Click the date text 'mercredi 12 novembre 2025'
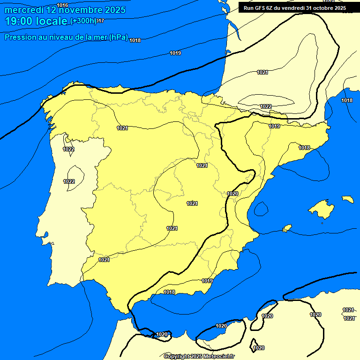pyautogui.click(x=65, y=10)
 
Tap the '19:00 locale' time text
pyautogui.click(x=36, y=21)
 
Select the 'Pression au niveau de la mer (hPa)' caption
pyautogui.click(x=66, y=37)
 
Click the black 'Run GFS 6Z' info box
pyautogui.click(x=295, y=8)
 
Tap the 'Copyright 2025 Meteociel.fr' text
pyautogui.click(x=199, y=357)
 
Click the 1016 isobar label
pyautogui.click(x=62, y=5)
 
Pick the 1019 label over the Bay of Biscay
pyautogui.click(x=175, y=53)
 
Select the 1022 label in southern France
pyautogui.click(x=266, y=106)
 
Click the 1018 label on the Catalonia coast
pyautogui.click(x=304, y=148)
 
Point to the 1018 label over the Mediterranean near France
pyautogui.click(x=347, y=100)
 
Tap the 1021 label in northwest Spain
pyautogui.click(x=122, y=128)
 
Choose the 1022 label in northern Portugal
pyautogui.click(x=68, y=149)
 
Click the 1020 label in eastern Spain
pyautogui.click(x=232, y=194)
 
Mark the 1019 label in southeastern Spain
pyautogui.click(x=207, y=281)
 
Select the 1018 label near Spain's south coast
pyautogui.click(x=169, y=292)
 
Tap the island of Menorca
pyautogui.click(x=347, y=199)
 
